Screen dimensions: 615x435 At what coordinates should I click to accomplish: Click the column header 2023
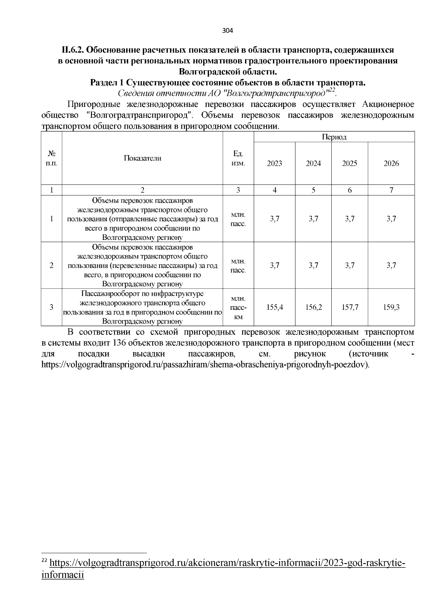(274, 163)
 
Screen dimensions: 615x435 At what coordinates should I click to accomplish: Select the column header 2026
(391, 163)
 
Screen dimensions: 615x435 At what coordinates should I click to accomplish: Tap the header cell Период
(334, 137)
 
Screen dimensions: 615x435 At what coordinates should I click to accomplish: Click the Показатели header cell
(142, 158)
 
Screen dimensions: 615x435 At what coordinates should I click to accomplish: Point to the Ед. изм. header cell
(238, 158)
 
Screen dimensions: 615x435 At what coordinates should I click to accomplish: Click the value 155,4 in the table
(274, 307)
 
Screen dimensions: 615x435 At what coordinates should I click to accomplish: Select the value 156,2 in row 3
(314, 307)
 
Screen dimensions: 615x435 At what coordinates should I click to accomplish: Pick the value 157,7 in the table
(350, 307)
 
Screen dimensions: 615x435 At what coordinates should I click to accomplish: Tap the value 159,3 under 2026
(391, 307)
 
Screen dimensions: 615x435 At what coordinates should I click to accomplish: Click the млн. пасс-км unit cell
(238, 307)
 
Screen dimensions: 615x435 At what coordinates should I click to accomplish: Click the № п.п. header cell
(51, 158)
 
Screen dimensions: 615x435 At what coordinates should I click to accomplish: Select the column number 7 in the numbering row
(391, 190)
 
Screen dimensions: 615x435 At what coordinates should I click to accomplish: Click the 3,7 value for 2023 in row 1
(274, 219)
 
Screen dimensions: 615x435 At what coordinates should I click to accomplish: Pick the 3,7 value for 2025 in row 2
(350, 265)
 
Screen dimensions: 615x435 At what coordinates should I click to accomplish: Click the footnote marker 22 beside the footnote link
(44, 561)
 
